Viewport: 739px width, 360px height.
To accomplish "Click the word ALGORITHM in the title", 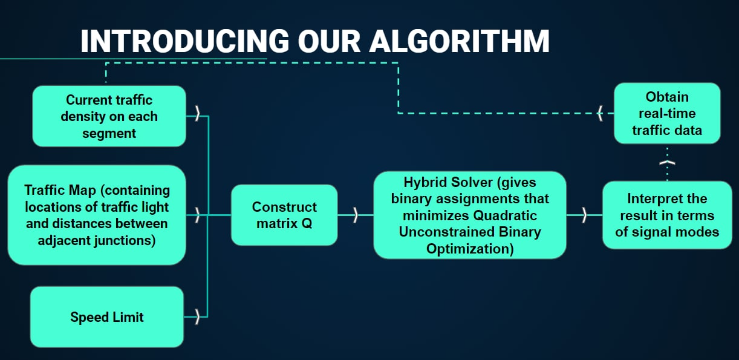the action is (x=459, y=41).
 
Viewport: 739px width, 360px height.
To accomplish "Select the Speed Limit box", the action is (x=107, y=317).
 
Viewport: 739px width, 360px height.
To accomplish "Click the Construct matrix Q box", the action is (x=284, y=215).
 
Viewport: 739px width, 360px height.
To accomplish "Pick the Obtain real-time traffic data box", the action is (x=667, y=113).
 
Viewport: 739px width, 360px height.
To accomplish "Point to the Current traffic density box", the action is (x=109, y=116).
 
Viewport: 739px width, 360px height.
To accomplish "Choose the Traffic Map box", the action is (x=97, y=215).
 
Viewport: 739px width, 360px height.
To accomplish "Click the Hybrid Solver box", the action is (x=470, y=215).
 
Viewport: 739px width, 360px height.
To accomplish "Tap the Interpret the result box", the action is (x=667, y=215).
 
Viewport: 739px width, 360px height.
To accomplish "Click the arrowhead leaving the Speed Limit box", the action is (x=197, y=317).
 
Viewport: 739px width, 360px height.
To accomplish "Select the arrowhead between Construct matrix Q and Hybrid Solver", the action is (x=356, y=215).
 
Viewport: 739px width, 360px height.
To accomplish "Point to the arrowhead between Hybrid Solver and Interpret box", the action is (x=584, y=215).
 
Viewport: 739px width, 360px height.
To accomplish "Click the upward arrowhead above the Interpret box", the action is (x=667, y=162).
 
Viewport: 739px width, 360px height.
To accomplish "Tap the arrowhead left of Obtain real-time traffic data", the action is (x=600, y=113).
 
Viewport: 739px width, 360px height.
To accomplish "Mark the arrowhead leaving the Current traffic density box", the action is (x=197, y=113).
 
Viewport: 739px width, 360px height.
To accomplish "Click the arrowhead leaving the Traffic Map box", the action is (x=197, y=215).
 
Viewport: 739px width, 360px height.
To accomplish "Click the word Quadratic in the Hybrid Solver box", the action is (x=505, y=215).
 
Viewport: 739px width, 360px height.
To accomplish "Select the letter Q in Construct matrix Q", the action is (x=307, y=224).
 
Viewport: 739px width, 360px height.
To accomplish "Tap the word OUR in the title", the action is (x=329, y=41).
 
